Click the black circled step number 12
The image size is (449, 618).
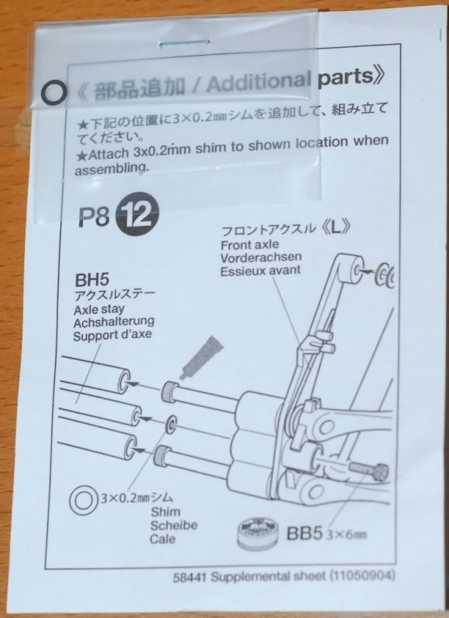[x=136, y=217]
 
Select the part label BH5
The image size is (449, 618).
[x=91, y=280]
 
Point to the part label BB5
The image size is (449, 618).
[x=304, y=533]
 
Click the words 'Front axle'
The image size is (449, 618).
[x=249, y=244]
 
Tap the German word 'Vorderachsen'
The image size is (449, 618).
[x=261, y=258]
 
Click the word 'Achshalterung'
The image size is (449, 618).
[x=114, y=322]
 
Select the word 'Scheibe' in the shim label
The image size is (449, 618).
[x=173, y=525]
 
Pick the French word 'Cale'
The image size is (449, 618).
[x=163, y=539]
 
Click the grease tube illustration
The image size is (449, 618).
[x=201, y=357]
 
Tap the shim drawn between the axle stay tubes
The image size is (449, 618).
[x=172, y=424]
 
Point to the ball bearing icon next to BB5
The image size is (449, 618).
[x=258, y=533]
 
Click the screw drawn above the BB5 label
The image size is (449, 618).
[x=368, y=470]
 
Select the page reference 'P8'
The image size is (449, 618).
[x=94, y=217]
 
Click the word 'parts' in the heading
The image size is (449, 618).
[x=346, y=77]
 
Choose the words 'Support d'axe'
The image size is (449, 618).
[x=113, y=336]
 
